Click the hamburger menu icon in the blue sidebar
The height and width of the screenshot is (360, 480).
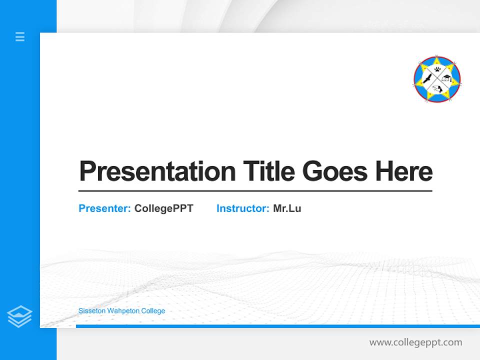[20, 36]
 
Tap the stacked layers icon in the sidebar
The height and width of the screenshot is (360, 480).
[19, 316]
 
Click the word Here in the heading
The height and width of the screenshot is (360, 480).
[404, 171]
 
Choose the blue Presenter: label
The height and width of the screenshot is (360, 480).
[105, 208]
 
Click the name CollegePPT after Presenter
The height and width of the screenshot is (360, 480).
[164, 208]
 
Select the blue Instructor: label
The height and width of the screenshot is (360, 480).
[243, 208]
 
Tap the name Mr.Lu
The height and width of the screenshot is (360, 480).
[287, 208]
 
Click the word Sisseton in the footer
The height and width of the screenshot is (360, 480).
[91, 311]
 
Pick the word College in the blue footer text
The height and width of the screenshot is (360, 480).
[154, 311]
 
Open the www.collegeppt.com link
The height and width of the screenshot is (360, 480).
[415, 342]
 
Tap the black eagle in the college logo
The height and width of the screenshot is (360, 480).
[426, 79]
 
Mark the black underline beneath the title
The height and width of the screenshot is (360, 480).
[255, 190]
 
